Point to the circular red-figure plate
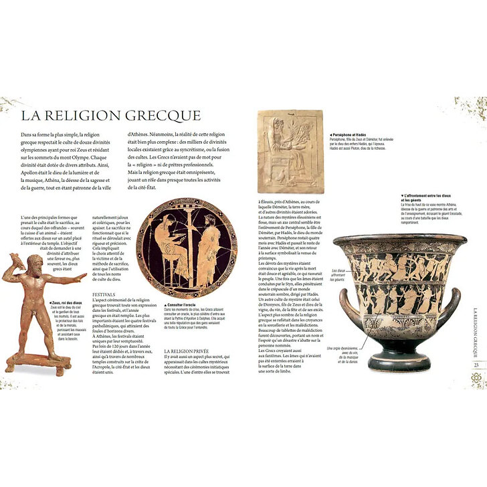click(x=177, y=248)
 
